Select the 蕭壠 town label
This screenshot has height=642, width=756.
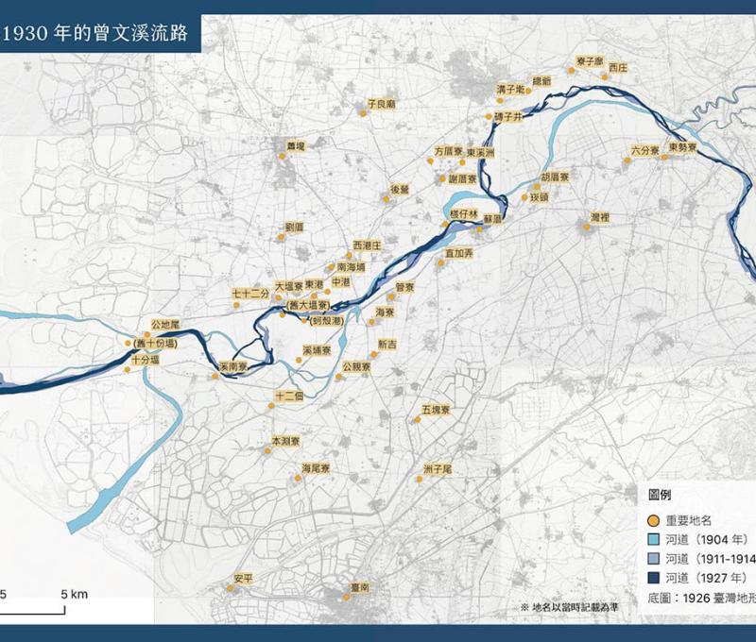tap(297, 146)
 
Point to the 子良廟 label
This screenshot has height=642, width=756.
tap(381, 104)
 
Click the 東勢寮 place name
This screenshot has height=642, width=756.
tap(681, 147)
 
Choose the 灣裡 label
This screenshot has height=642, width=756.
tap(599, 217)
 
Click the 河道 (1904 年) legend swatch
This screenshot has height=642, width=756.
tap(653, 539)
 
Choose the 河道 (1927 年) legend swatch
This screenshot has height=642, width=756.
tap(653, 577)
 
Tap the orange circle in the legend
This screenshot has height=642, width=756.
tap(653, 520)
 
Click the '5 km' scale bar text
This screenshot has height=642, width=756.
tap(75, 594)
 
